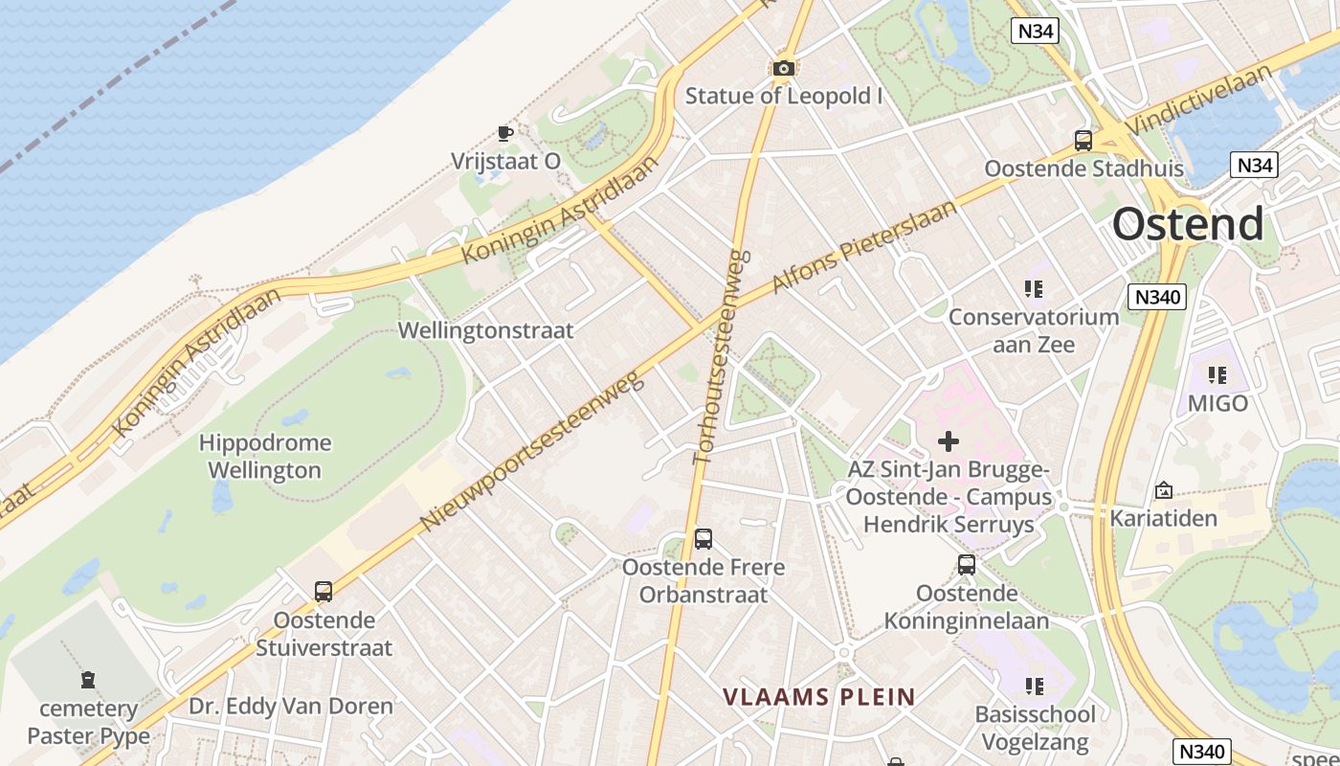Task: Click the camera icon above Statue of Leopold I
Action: coord(784,68)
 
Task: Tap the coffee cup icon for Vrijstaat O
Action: coord(504,133)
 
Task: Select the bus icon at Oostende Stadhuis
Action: coord(1083,141)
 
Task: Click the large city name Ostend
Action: coord(1188,224)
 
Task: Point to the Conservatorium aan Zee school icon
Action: coord(1033,288)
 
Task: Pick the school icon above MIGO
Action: coord(1217,374)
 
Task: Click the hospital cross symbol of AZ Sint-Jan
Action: coord(949,441)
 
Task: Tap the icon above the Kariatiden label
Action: coord(1164,490)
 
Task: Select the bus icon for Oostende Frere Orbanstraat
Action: coord(703,539)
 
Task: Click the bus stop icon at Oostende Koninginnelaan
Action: coord(967,565)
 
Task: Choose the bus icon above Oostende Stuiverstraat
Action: coord(324,592)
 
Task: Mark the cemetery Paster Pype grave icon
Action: coord(88,681)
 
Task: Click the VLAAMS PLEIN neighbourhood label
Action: coord(818,697)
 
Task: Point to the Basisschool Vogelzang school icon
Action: coord(1034,686)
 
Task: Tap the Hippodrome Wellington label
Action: coord(265,457)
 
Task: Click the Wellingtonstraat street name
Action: coord(486,331)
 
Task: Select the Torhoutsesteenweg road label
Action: coord(722,357)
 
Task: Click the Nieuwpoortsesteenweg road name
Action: coord(532,453)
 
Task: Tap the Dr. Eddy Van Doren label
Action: coord(291,707)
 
